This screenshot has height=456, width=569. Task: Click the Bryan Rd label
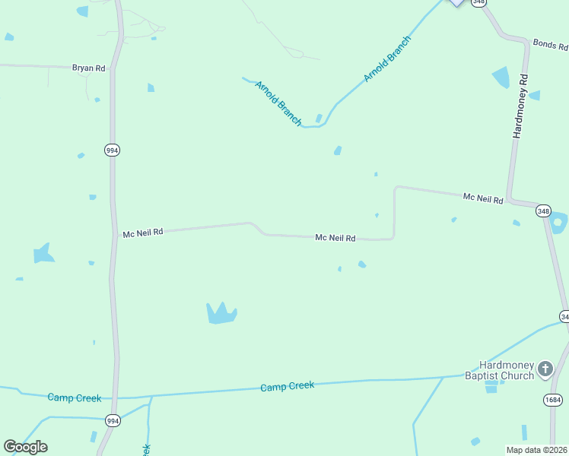[x=89, y=68]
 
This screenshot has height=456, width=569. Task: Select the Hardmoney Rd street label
[x=520, y=106]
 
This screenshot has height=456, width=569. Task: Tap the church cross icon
[x=545, y=369]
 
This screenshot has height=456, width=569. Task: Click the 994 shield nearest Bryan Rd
[x=112, y=150]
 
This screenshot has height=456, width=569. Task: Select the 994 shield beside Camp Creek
[x=113, y=420]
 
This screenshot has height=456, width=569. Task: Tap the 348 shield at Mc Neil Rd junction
[x=543, y=211]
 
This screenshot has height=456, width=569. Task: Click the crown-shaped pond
[x=221, y=312]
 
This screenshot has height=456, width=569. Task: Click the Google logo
[x=26, y=447]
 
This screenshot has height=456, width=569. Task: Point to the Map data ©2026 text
[x=536, y=450]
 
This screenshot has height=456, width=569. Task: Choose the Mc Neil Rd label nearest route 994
[x=143, y=234]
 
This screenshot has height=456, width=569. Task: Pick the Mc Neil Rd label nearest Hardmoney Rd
[x=483, y=198]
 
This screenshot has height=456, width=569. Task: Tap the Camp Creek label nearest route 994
[x=74, y=397]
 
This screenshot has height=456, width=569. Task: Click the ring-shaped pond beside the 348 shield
[x=559, y=223]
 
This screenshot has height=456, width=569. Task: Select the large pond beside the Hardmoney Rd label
[x=501, y=78]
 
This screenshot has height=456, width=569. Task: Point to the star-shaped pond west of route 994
[x=43, y=253]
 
